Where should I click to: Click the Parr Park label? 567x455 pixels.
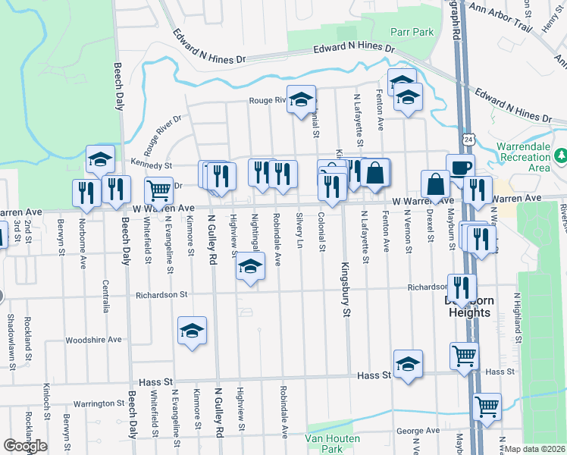[x=412, y=32]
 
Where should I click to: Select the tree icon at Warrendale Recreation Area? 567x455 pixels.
[x=561, y=156]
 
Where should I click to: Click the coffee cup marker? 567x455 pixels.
[x=460, y=168]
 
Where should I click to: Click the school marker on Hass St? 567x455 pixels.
[x=408, y=363]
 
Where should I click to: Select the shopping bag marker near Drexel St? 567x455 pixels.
[x=437, y=184]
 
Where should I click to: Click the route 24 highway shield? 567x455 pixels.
[x=470, y=140]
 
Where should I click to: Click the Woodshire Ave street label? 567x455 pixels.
[x=93, y=340]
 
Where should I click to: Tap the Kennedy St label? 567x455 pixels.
[x=152, y=164]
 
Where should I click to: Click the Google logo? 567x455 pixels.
[x=25, y=446]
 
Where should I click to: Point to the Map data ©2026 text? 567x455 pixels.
[x=535, y=449]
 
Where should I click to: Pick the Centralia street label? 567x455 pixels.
[x=105, y=293]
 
